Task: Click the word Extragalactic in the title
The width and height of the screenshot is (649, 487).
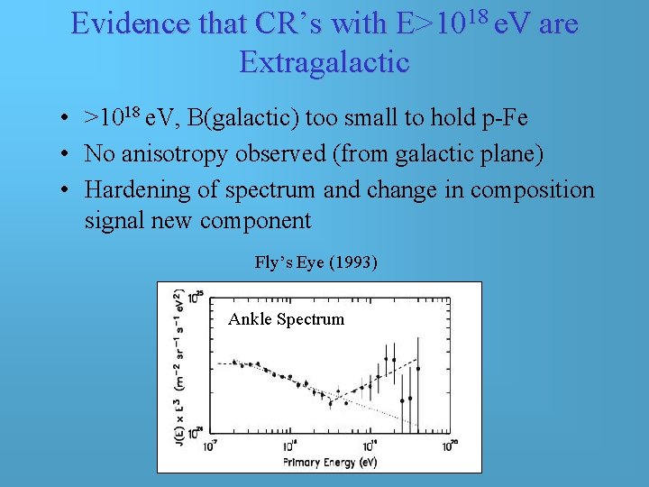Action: tap(324, 61)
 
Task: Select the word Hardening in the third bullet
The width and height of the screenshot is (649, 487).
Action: tap(138, 190)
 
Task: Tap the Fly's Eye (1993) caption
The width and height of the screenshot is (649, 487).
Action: tap(316, 263)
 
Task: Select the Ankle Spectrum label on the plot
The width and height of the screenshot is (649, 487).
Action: tap(287, 318)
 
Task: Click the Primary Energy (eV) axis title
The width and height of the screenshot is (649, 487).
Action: tap(330, 463)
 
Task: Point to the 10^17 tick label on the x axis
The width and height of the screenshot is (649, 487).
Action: tap(209, 446)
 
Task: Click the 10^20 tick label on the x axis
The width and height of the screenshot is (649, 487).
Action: tap(451, 446)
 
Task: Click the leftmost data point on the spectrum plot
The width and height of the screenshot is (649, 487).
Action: tap(234, 362)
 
